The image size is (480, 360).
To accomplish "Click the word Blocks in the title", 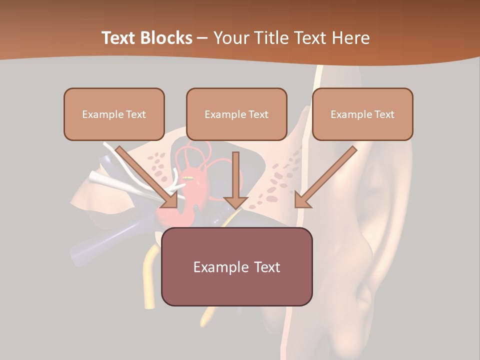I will [x=165, y=38].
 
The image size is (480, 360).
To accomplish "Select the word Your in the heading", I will [x=231, y=38].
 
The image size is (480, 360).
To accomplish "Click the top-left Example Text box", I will [x=114, y=114].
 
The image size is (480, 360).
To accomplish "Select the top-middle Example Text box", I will [x=236, y=114].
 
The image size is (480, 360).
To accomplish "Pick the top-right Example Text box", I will [x=362, y=114].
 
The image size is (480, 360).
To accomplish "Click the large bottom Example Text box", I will [x=236, y=266].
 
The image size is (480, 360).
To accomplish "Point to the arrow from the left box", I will [x=145, y=175].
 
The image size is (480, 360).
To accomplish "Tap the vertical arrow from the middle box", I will [x=236, y=175].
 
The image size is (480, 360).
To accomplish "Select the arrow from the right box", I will [x=327, y=175].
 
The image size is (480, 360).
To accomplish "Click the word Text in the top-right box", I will [x=384, y=114].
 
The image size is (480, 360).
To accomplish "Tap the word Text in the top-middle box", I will [x=258, y=114].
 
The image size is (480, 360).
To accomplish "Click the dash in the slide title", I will [x=202, y=38].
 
